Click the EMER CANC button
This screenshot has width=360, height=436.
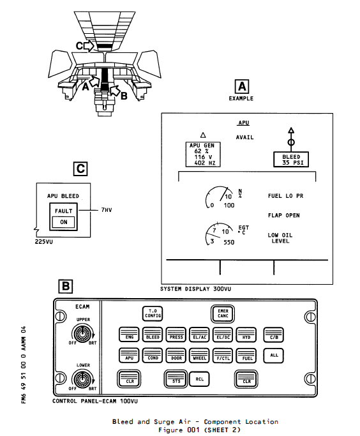(x=223, y=313)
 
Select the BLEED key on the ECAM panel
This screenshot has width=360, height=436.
(x=153, y=335)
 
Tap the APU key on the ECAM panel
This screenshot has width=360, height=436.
(x=130, y=356)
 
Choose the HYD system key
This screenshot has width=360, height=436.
(x=246, y=335)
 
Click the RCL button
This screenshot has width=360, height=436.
(x=199, y=379)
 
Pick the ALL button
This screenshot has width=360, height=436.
(x=274, y=356)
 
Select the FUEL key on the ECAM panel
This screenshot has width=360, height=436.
(x=246, y=356)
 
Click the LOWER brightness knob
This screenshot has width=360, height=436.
(x=82, y=378)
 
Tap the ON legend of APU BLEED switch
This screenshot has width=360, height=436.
(x=64, y=222)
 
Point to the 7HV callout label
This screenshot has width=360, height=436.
(x=107, y=210)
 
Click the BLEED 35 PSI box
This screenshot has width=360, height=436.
(x=291, y=160)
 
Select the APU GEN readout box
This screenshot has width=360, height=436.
(x=203, y=154)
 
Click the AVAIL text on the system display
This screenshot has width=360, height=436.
(x=244, y=137)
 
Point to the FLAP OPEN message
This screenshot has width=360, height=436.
(x=284, y=216)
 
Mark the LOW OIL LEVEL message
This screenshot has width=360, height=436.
(x=280, y=238)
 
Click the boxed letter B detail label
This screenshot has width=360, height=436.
(x=66, y=287)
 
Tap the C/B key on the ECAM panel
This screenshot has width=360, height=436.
(x=274, y=335)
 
